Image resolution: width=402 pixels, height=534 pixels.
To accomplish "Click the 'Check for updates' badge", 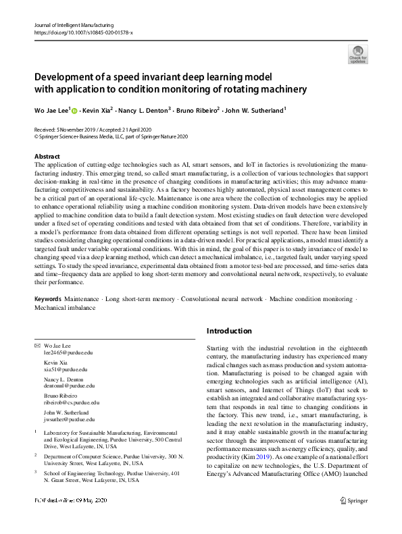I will coord(357,53).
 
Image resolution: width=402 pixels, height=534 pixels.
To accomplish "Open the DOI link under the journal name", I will coord(82,31).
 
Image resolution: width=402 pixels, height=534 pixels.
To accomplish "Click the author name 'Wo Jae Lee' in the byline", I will coord(51,109).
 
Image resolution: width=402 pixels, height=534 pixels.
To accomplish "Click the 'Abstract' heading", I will coord(47,156).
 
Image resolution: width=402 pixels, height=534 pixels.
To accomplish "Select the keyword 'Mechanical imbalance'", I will coord(65,307).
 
